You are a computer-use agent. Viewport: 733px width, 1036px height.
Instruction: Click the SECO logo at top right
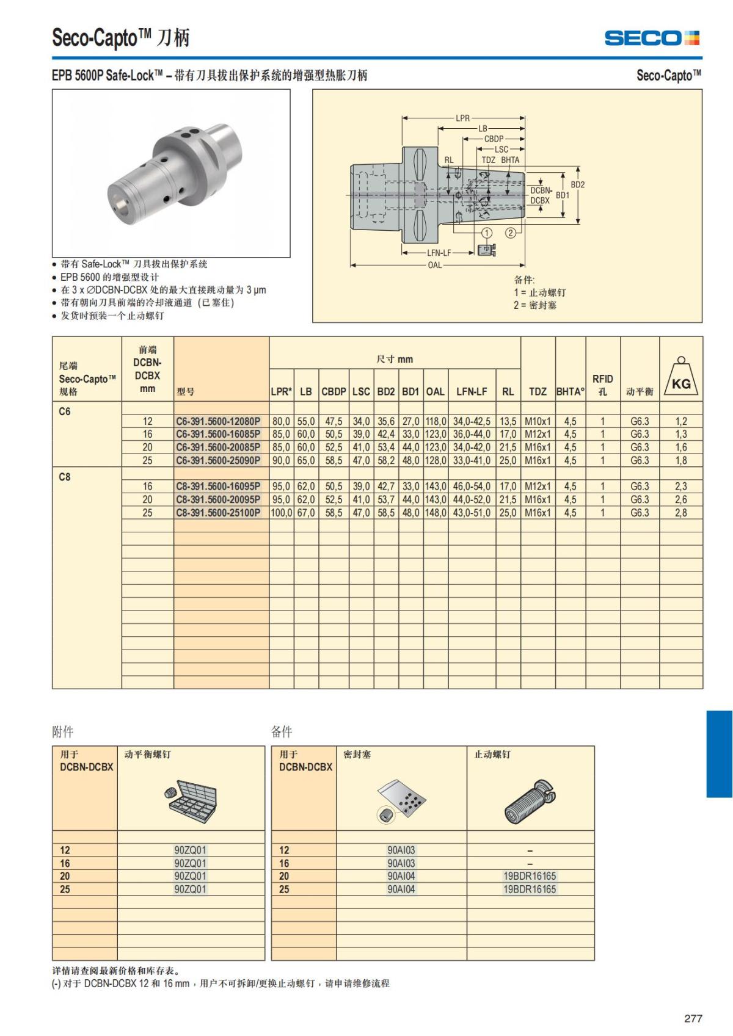point(652,38)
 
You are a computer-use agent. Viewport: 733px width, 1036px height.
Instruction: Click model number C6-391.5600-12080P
point(218,421)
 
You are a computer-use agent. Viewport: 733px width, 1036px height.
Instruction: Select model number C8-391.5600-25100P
point(218,513)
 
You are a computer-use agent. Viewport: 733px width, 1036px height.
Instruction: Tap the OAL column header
point(435,391)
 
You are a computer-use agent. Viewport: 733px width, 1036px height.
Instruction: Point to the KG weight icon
point(681,378)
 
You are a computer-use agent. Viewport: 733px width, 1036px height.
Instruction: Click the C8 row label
point(65,477)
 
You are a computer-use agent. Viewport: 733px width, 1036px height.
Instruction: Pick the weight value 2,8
point(680,513)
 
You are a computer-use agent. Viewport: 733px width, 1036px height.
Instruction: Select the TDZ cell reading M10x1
point(538,421)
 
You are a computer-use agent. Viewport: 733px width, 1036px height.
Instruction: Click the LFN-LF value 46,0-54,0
point(472,487)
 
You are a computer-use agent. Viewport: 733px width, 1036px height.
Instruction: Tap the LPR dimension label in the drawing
point(463,118)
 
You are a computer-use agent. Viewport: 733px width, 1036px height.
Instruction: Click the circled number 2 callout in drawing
point(511,233)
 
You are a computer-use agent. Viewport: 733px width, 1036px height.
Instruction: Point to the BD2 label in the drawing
point(577,184)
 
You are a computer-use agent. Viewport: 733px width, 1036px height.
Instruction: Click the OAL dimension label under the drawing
point(434,265)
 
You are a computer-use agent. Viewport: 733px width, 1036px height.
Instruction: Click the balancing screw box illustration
point(191,799)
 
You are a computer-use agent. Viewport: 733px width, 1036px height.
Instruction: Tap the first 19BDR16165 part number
point(530,876)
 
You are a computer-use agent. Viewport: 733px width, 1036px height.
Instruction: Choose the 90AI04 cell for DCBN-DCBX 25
point(401,889)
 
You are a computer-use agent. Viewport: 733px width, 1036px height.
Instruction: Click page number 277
point(693,1018)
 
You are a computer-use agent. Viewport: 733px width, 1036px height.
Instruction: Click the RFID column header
point(602,385)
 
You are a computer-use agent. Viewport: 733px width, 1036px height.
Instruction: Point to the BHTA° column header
point(570,391)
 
